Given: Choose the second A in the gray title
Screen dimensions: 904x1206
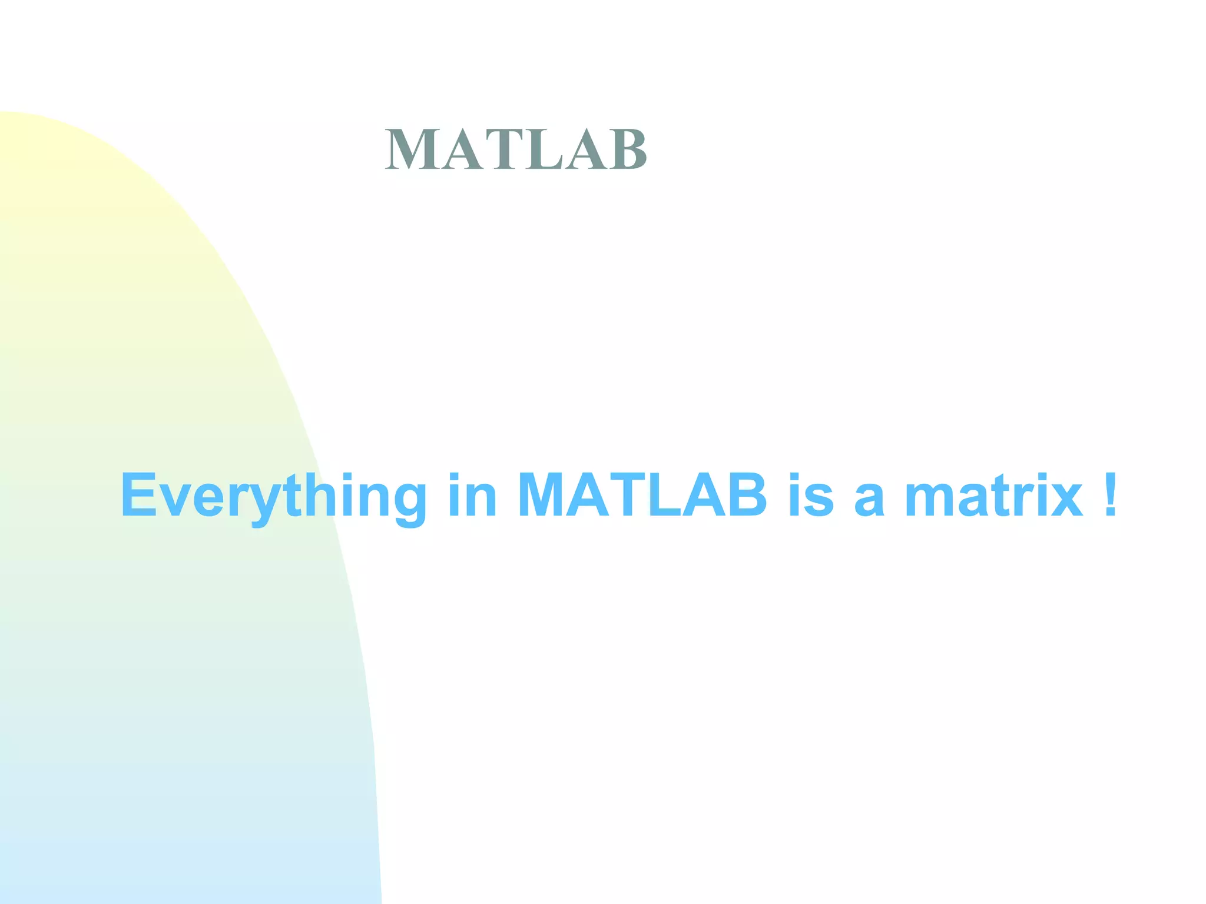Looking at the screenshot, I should click(x=585, y=150).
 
